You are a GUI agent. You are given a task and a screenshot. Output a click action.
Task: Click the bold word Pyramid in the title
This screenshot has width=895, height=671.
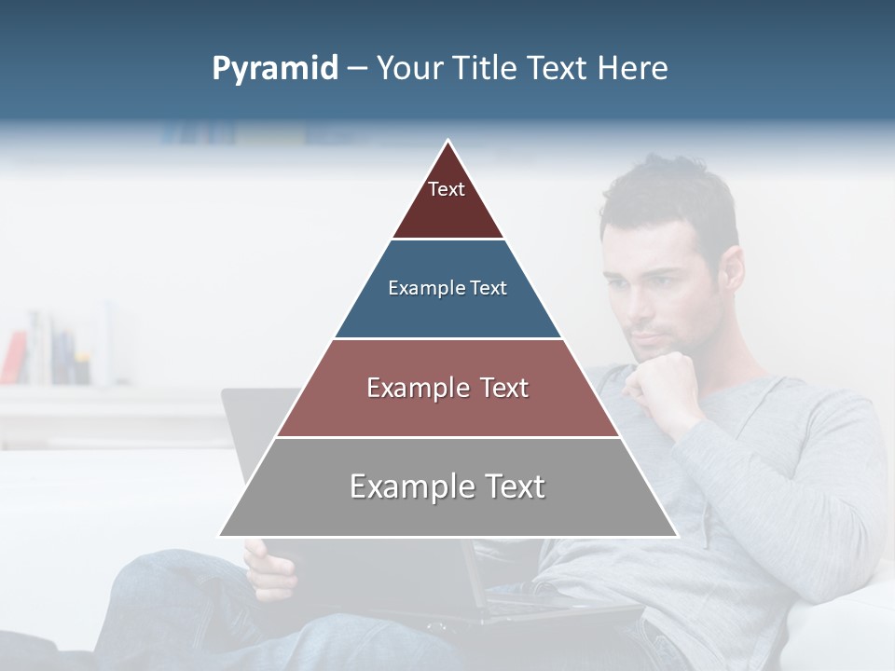point(274,69)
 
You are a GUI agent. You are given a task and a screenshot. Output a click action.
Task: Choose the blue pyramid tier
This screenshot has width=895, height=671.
point(447,289)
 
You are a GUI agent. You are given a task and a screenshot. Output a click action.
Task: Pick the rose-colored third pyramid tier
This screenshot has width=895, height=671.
point(447,388)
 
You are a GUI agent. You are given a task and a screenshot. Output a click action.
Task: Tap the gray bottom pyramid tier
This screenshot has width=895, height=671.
point(447,487)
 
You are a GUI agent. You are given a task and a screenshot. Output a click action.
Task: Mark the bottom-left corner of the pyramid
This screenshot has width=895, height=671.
point(221,535)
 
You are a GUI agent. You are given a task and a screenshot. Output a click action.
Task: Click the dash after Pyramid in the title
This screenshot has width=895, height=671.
point(357,69)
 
